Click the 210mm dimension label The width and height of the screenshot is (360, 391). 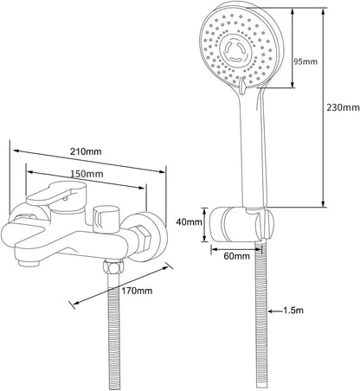[x=86, y=151]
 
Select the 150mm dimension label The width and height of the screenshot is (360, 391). [x=87, y=174]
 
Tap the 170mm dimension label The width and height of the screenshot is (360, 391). [x=137, y=291]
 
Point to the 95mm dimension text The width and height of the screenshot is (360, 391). [x=305, y=61]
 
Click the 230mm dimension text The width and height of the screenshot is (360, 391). [x=343, y=107]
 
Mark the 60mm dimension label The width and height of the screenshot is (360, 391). [x=237, y=256]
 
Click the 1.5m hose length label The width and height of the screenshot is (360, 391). [x=292, y=311]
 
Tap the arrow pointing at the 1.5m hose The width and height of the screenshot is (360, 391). [x=275, y=311]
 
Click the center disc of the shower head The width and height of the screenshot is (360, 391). [x=235, y=51]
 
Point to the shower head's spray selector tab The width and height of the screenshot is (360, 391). [x=241, y=86]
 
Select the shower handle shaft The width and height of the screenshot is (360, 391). [x=253, y=147]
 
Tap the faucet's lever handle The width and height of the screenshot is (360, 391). [x=56, y=193]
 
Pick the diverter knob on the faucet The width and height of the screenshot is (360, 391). [x=106, y=220]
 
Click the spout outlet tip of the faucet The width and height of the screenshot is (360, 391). [x=29, y=263]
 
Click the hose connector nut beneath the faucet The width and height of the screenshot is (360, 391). [x=113, y=266]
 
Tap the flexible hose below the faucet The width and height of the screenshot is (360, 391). [x=114, y=331]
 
